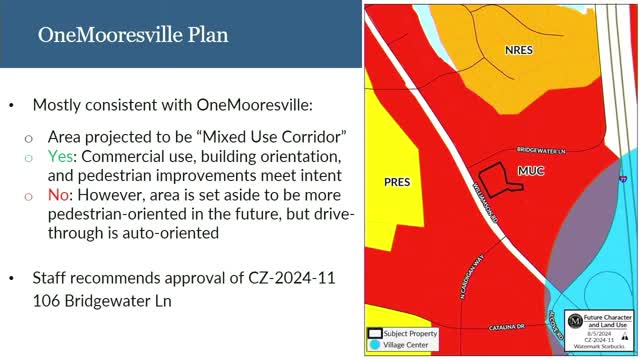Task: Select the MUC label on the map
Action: pos(531,171)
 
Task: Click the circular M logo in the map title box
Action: pos(576,321)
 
